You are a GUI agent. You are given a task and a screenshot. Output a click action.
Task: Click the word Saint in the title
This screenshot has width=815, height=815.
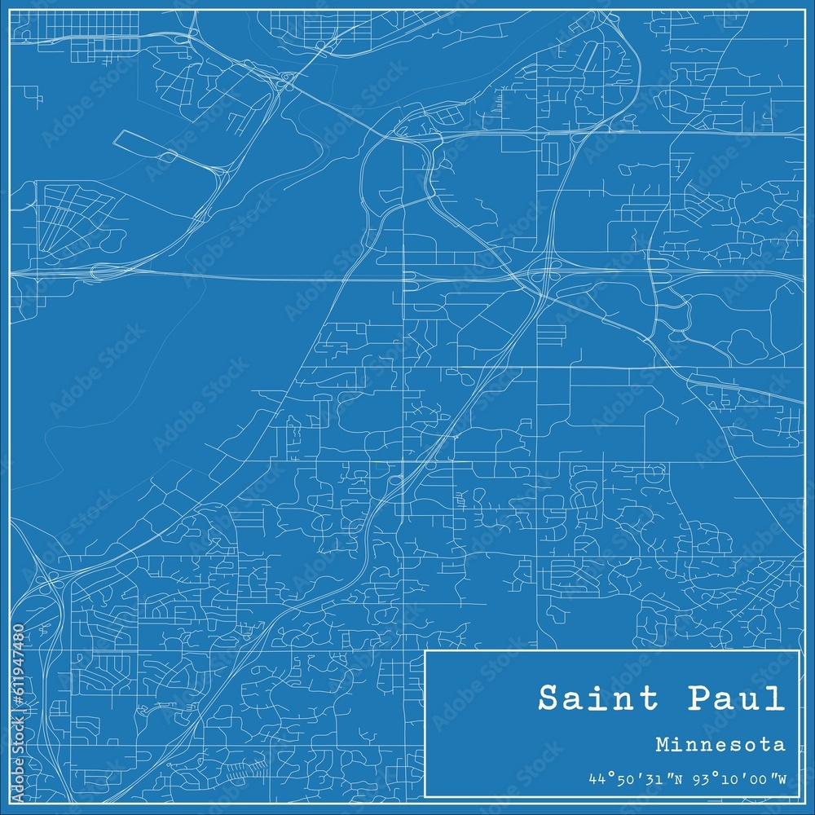click(x=593, y=699)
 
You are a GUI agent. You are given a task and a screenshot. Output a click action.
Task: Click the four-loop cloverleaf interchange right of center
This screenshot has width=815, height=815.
click(x=542, y=276)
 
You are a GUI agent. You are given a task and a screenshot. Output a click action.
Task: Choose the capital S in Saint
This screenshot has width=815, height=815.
click(x=548, y=699)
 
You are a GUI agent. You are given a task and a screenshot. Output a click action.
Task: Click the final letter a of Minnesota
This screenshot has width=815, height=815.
click(x=781, y=745)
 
